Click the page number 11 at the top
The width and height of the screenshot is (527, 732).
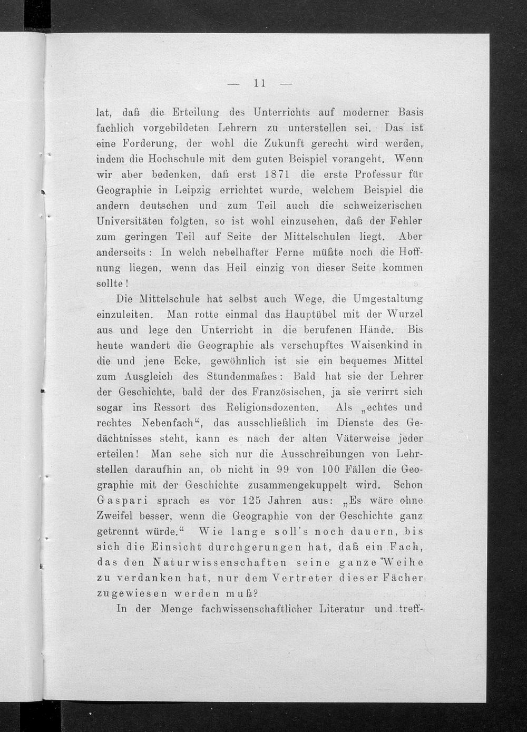(x=258, y=83)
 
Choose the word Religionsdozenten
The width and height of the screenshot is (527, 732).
(x=271, y=407)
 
